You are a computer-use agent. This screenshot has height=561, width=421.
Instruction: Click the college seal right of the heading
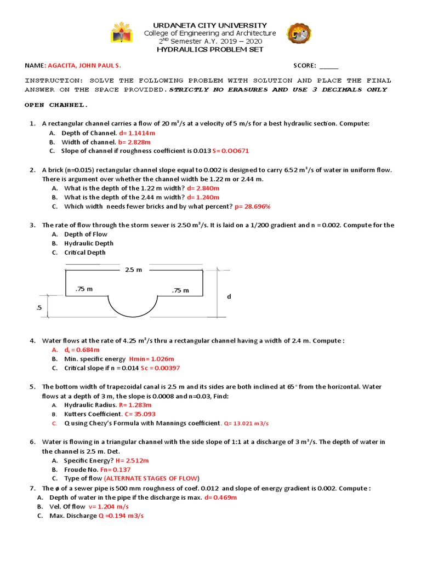point(299,35)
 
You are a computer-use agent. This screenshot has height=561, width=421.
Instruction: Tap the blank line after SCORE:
point(329,66)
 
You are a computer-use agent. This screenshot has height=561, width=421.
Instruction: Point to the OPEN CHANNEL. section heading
point(56,105)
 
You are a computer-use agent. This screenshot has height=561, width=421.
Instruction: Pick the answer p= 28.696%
point(253,207)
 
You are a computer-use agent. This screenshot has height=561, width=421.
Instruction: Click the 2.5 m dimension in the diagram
point(133,270)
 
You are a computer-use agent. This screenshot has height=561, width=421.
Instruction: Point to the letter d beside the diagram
point(229,296)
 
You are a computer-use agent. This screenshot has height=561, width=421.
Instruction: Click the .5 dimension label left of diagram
point(38,308)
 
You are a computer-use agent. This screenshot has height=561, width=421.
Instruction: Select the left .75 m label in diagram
point(84,289)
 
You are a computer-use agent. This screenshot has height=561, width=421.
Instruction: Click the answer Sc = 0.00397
point(160,368)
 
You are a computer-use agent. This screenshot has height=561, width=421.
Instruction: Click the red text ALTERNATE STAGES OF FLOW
point(156,478)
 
